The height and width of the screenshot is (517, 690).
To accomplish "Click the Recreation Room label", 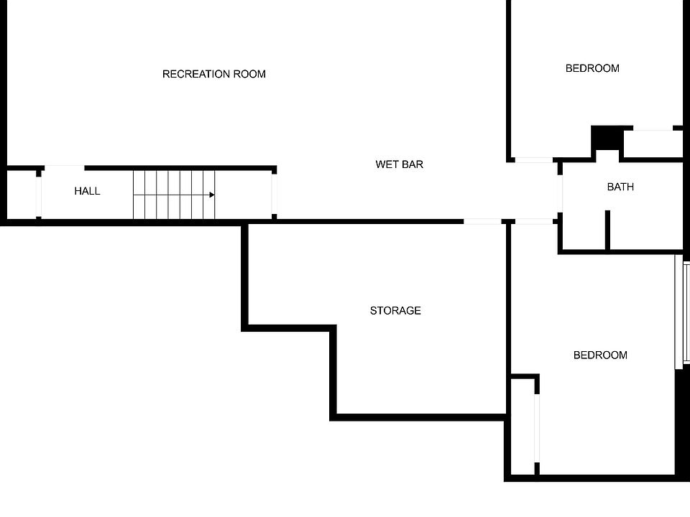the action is [214, 74].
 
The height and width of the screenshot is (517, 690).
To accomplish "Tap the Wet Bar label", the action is [399, 164].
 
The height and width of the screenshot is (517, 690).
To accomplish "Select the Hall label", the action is [87, 191].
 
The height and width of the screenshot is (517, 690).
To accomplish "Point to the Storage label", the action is [395, 311].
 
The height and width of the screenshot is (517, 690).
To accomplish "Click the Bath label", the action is [620, 187].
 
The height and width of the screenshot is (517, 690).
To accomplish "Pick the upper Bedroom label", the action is [592, 68].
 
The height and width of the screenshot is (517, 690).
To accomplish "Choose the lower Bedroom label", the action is [600, 355].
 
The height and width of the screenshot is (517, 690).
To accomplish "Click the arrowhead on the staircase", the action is [212, 195].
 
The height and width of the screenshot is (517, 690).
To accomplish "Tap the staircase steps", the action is [174, 195].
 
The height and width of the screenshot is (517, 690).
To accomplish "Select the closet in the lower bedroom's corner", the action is [523, 426].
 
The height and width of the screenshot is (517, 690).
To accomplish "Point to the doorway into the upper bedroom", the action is [534, 160].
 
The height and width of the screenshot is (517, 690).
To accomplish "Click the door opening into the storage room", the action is [482, 222].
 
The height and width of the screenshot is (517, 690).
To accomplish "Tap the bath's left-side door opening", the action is [560, 194].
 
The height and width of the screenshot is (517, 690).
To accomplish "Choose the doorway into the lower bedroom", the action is [534, 222].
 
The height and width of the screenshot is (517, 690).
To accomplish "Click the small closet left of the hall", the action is [22, 194].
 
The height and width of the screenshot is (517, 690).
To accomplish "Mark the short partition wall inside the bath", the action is [607, 230].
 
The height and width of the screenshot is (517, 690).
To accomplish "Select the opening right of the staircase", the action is [274, 194].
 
